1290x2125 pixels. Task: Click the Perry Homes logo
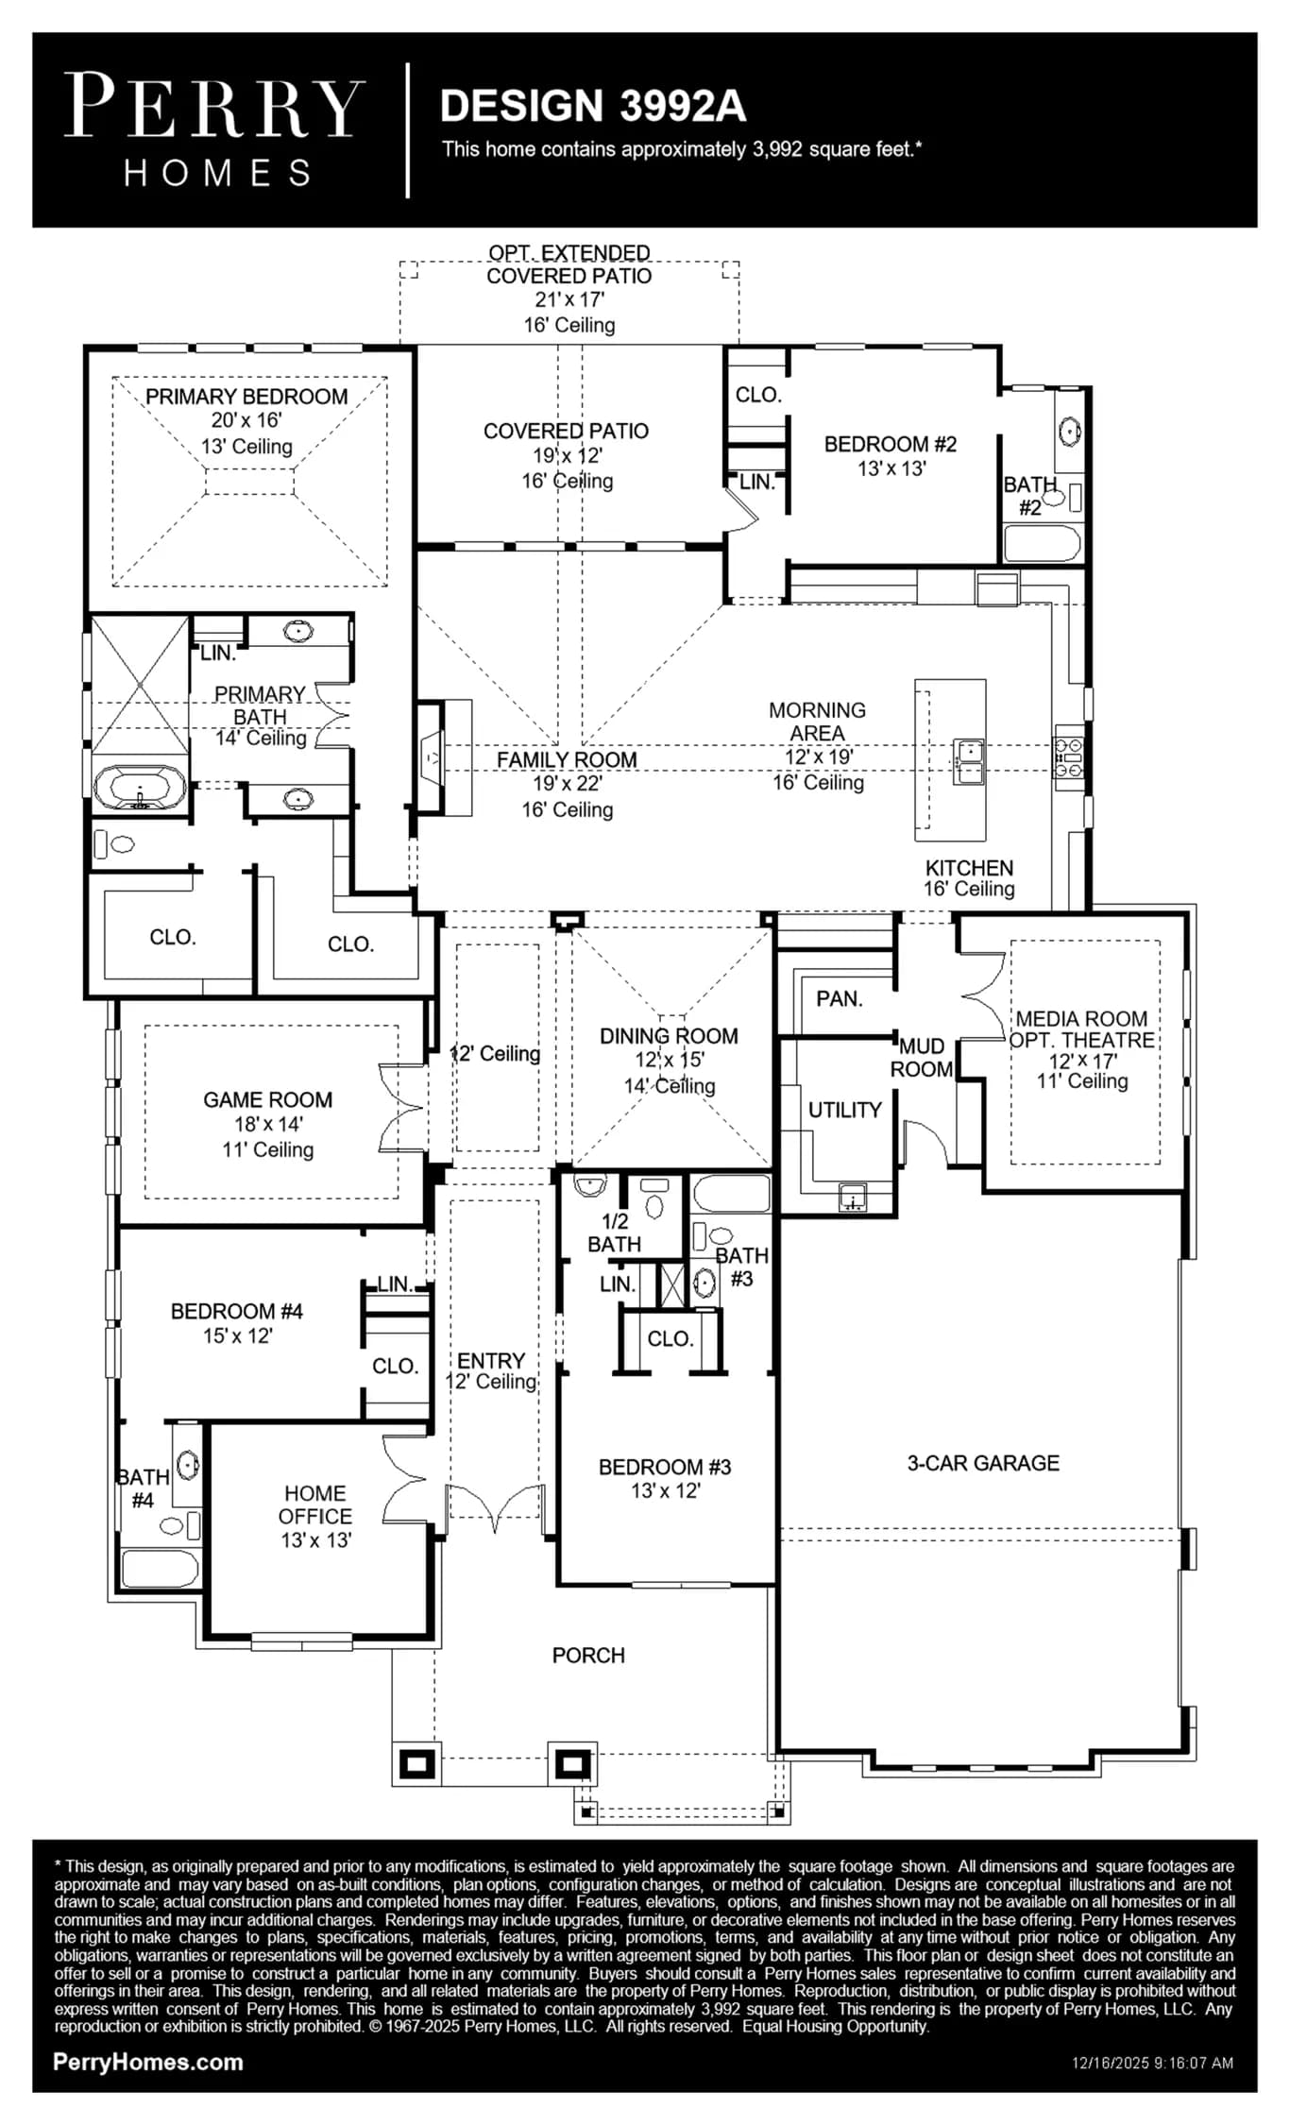pyautogui.click(x=214, y=129)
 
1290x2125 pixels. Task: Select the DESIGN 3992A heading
pyautogui.click(x=593, y=106)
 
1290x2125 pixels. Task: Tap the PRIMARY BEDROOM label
pyautogui.click(x=246, y=397)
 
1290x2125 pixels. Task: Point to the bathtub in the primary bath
pyautogui.click(x=140, y=787)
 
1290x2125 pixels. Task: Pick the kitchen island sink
pyautogui.click(x=969, y=761)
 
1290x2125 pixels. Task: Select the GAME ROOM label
pyautogui.click(x=268, y=1099)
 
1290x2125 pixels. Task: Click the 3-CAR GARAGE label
pyautogui.click(x=983, y=1463)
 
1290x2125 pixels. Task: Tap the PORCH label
pyautogui.click(x=588, y=1656)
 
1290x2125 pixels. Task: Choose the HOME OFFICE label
pyautogui.click(x=315, y=1504)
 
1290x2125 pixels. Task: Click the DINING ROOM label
pyautogui.click(x=669, y=1036)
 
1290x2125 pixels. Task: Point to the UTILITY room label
pyautogui.click(x=845, y=1110)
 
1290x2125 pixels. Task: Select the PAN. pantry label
pyautogui.click(x=840, y=998)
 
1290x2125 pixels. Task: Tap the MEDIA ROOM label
pyautogui.click(x=1081, y=1019)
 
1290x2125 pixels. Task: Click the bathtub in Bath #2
pyautogui.click(x=1042, y=543)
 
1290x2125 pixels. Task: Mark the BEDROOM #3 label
pyautogui.click(x=665, y=1467)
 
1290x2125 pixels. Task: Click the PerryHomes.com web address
pyautogui.click(x=148, y=2063)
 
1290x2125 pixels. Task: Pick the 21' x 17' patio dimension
pyautogui.click(x=569, y=299)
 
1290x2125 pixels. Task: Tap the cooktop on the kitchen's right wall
pyautogui.click(x=1068, y=757)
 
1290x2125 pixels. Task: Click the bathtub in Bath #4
pyautogui.click(x=160, y=1569)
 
